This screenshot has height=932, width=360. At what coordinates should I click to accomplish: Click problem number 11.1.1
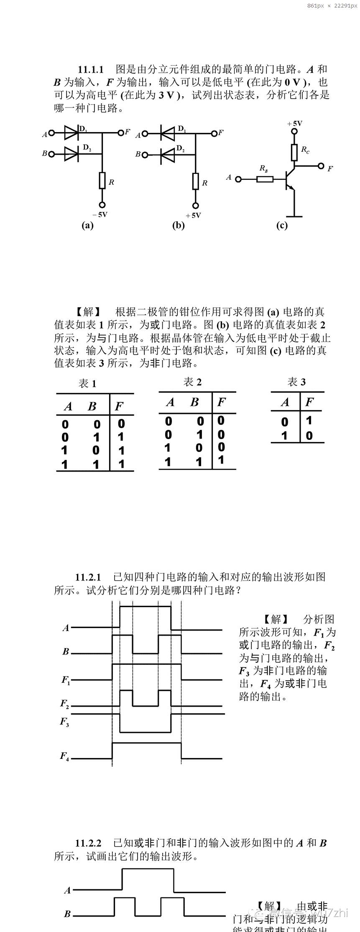[x=90, y=70]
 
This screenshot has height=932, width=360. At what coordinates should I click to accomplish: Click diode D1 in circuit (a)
[x=71, y=133]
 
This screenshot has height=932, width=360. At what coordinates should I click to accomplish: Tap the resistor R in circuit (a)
[x=102, y=181]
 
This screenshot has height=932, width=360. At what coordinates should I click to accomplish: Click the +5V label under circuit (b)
[x=194, y=215]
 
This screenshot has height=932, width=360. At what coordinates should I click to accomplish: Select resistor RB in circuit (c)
[x=265, y=179]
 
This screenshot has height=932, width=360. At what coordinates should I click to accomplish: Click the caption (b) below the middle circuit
[x=179, y=225]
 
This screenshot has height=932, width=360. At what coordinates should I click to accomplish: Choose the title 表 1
[x=87, y=383]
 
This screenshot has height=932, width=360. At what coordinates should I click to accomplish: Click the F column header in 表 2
[x=222, y=402]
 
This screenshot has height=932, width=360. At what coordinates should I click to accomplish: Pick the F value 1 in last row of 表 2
[x=221, y=460]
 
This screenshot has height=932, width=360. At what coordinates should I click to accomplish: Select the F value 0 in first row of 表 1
[x=121, y=424]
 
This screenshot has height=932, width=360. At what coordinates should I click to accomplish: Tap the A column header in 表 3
[x=285, y=402]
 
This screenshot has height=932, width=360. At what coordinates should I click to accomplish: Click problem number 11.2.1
[x=88, y=577]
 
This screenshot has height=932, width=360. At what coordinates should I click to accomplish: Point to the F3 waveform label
[x=64, y=722]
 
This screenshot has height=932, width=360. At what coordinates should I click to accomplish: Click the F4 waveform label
[x=64, y=756]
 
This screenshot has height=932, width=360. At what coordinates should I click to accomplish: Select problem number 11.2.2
[x=88, y=843]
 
